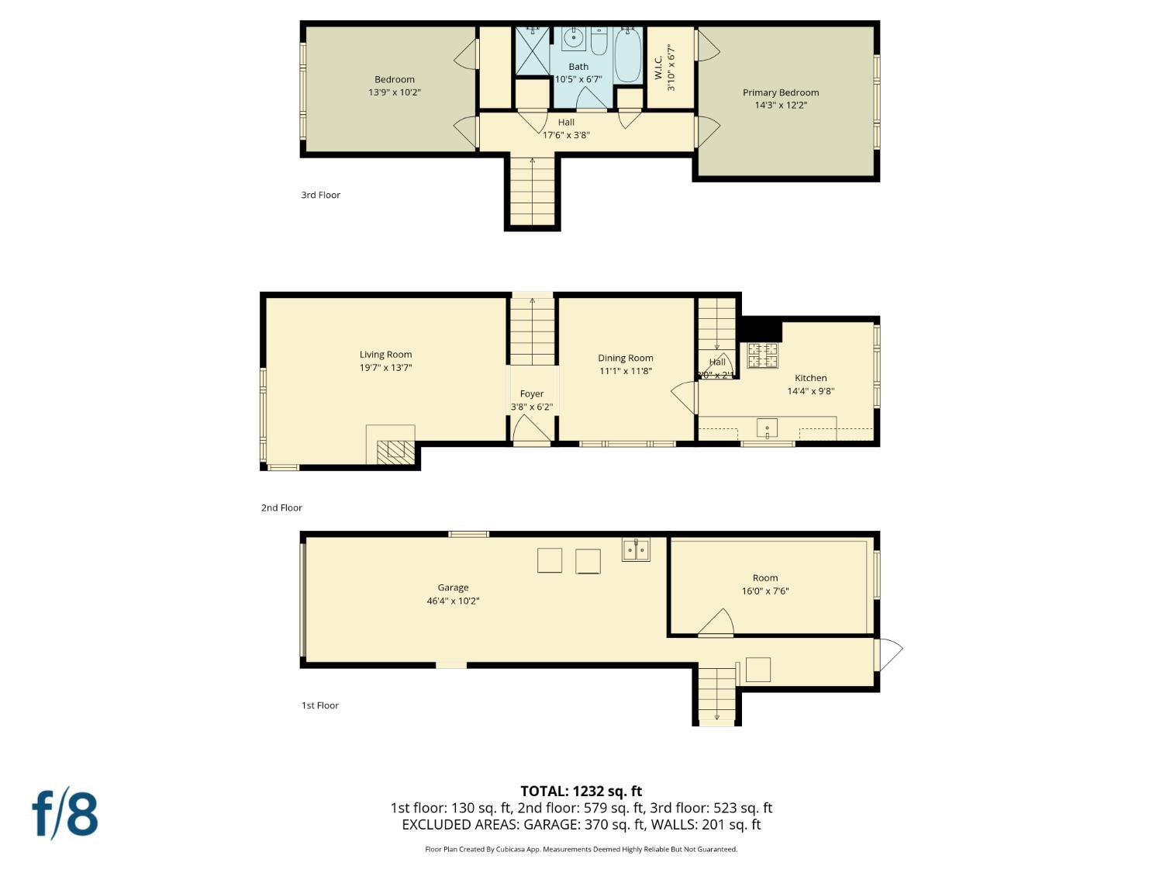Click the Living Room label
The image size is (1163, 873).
coord(385,355)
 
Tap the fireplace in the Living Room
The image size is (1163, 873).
coord(391,450)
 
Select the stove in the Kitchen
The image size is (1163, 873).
coord(762,355)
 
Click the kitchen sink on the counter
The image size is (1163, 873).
coord(766,428)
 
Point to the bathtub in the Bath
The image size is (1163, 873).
coord(627,54)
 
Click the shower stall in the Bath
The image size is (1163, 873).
coord(532,52)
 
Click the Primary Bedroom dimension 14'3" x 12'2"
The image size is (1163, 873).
coord(781,106)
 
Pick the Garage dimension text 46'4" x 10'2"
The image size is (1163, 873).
coord(453,601)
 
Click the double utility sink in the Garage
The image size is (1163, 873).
coord(636,549)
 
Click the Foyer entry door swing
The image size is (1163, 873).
coord(530,429)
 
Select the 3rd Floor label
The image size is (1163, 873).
coord(320,195)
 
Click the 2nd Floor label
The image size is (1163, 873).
coord(281,508)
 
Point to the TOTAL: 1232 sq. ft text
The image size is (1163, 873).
coord(581,791)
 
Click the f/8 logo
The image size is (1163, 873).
coord(65,814)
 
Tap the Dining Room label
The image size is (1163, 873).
coord(625,358)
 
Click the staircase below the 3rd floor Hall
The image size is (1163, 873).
coord(532,190)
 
